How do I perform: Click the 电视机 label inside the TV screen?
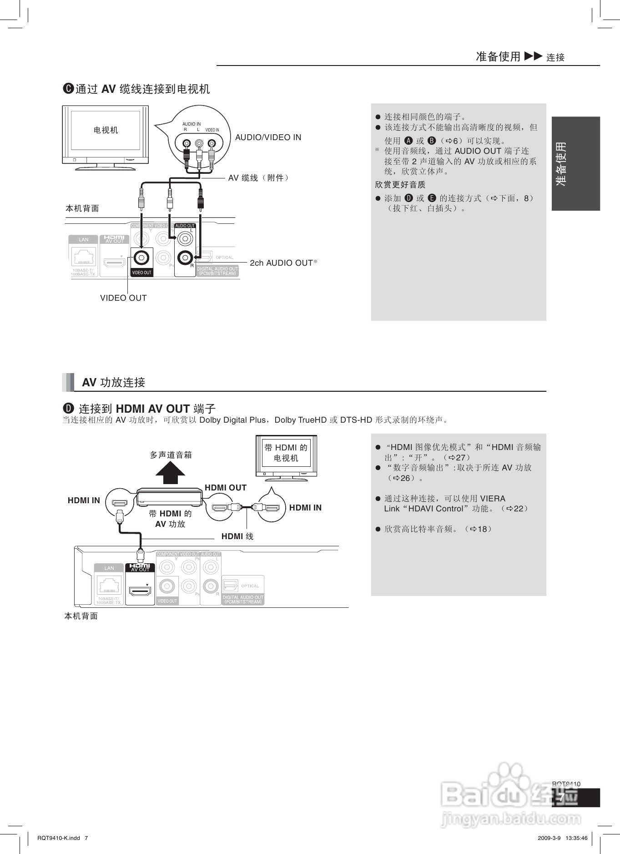(x=106, y=130)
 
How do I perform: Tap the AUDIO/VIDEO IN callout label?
(x=268, y=137)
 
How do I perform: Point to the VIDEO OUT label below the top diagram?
(x=123, y=298)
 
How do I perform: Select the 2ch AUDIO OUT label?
(x=281, y=263)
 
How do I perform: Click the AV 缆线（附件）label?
(x=258, y=178)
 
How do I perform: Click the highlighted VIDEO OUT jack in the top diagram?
(x=141, y=258)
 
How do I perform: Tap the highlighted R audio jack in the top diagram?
(x=185, y=258)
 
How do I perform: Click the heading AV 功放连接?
(x=113, y=383)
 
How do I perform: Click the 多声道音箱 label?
(x=171, y=455)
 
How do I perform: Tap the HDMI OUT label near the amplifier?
(x=226, y=488)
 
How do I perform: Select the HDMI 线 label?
(x=237, y=536)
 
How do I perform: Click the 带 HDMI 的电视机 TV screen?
(x=286, y=453)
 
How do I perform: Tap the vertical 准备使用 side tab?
(x=575, y=164)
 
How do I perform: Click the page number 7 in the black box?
(x=563, y=798)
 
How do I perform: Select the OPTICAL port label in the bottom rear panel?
(x=250, y=586)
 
